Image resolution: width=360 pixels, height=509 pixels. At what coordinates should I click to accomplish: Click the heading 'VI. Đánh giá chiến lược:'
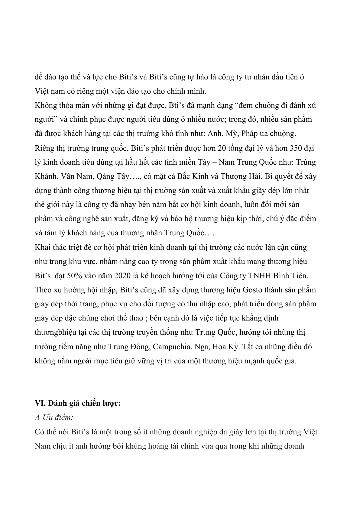point(78,403)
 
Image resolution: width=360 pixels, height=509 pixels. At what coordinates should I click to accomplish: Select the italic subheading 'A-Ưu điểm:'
point(54,417)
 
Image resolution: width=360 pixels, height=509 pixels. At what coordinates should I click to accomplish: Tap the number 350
point(296,148)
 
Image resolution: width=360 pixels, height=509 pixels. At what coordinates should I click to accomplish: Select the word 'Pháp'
point(251,134)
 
